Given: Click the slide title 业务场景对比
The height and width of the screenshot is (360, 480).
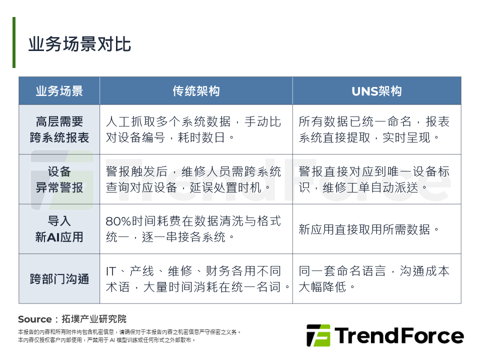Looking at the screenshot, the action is (79, 44).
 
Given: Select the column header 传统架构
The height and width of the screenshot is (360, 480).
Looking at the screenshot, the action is (196, 91).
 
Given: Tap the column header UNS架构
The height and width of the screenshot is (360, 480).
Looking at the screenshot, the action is (376, 91).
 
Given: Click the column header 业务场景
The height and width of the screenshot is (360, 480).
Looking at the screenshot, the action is (59, 91).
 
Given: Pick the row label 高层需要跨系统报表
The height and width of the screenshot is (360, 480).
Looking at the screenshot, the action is (59, 129).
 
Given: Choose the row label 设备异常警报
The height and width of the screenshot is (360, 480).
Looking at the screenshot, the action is (59, 179).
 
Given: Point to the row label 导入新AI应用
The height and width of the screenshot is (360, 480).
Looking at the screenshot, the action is (59, 229).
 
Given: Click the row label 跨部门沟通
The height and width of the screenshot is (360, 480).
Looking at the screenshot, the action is (59, 279).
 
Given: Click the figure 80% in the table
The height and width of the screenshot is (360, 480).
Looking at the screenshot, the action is (118, 221).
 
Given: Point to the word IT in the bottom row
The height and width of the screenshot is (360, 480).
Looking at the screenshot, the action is (111, 271).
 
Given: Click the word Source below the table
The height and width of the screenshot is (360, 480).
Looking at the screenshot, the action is (35, 319).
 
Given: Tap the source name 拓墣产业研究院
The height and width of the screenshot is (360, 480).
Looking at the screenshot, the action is (94, 319).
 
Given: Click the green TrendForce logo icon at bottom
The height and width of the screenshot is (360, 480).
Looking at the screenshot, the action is (318, 335).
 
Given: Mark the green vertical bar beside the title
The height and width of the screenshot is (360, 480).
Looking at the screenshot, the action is (14, 42).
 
